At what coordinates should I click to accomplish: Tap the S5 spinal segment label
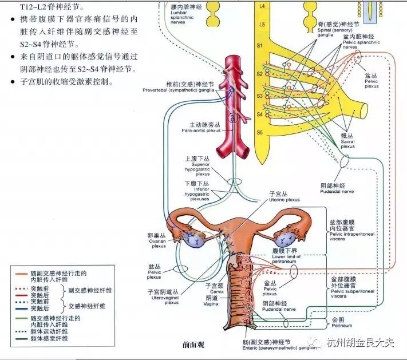pos(259,132)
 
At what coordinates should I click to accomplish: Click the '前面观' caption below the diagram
pos(193,345)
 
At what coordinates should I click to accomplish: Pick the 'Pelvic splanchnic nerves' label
pos(359,43)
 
